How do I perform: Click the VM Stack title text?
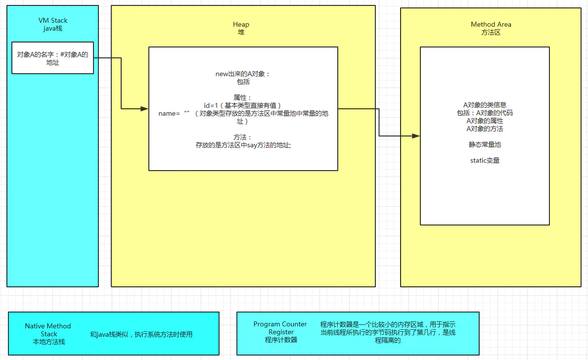click(x=53, y=20)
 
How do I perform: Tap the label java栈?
click(x=53, y=28)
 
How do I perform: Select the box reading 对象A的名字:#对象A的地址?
click(x=52, y=58)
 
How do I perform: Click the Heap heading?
click(x=241, y=24)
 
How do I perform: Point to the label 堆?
click(x=241, y=32)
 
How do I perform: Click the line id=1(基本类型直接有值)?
click(x=243, y=105)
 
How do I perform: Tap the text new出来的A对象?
click(x=243, y=74)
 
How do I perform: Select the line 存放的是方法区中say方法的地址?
click(x=243, y=145)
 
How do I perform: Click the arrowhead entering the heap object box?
click(x=144, y=108)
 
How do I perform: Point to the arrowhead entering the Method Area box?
click(x=416, y=135)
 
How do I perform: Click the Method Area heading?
click(x=491, y=24)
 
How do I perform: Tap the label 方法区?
click(x=491, y=32)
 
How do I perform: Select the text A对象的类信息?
click(x=485, y=105)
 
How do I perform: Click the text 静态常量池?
click(x=485, y=144)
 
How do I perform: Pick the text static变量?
click(x=485, y=160)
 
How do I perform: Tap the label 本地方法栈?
click(x=48, y=342)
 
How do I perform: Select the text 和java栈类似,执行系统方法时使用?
click(x=141, y=334)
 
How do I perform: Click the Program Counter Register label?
click(x=280, y=328)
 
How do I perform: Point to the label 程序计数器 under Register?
click(x=281, y=340)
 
